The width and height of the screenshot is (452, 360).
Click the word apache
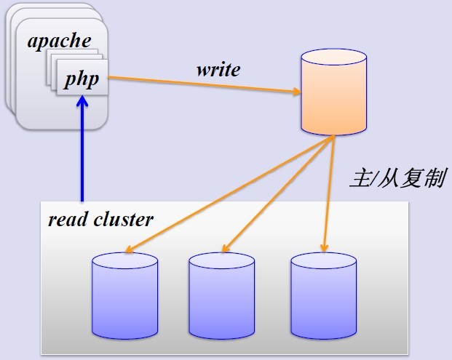coord(60,41)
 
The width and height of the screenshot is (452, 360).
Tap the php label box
coord(82,77)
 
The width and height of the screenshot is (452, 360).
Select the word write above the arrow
coord(218,70)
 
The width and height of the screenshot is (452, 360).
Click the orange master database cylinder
coord(333,92)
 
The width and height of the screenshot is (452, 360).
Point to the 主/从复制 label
coord(397,178)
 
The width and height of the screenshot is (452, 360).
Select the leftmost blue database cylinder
coord(124,294)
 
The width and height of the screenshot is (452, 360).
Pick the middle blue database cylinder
coord(221,294)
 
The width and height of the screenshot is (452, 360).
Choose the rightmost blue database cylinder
coord(323,294)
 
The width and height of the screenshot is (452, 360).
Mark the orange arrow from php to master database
coord(204,84)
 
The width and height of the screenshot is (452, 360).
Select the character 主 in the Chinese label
coord(359,178)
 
